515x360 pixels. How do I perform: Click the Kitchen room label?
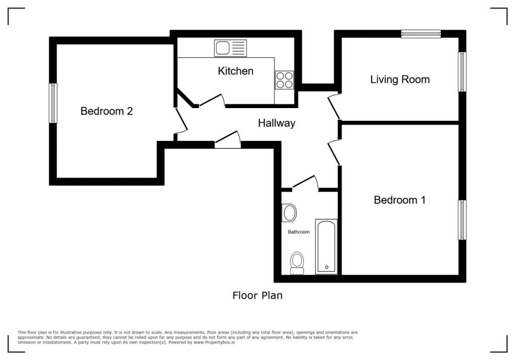pyautogui.click(x=235, y=71)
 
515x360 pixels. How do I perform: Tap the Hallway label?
pyautogui.click(x=277, y=123)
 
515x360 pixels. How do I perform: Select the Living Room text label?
pyautogui.click(x=400, y=79)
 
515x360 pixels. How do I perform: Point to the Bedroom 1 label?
pyautogui.click(x=400, y=200)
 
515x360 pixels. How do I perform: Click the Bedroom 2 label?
pyautogui.click(x=107, y=111)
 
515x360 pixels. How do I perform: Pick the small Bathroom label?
pyautogui.click(x=299, y=232)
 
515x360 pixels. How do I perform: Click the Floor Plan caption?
pyautogui.click(x=257, y=295)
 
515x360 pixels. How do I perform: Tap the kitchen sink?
pyautogui.click(x=230, y=48)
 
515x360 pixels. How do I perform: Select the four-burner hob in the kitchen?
pyautogui.click(x=285, y=80)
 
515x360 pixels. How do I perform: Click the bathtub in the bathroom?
pyautogui.click(x=326, y=247)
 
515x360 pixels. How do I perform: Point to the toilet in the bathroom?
pyautogui.click(x=297, y=263)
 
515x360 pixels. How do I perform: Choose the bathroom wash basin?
pyautogui.click(x=289, y=213)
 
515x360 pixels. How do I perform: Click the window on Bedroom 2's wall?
pyautogui.click(x=53, y=103)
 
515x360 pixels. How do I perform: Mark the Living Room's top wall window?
pyautogui.click(x=421, y=34)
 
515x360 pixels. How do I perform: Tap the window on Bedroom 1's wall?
pyautogui.click(x=462, y=220)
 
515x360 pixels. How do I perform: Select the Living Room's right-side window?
pyautogui.click(x=462, y=71)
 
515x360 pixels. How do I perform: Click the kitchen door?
pyautogui.click(x=212, y=101)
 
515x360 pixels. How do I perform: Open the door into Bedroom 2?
pyautogui.click(x=181, y=121)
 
